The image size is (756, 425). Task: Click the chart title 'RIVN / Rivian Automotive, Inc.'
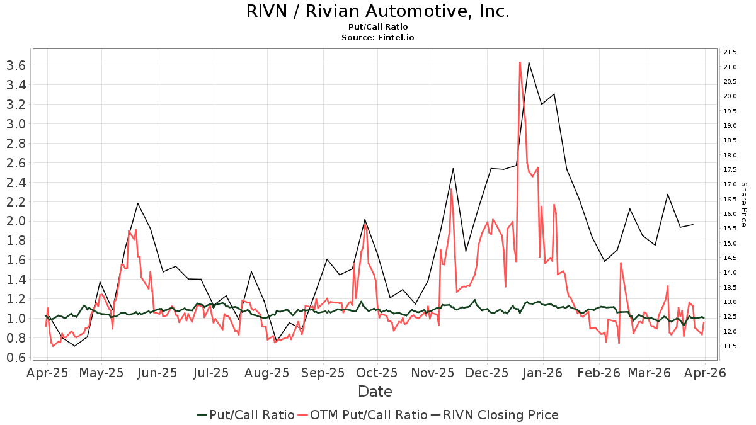377,11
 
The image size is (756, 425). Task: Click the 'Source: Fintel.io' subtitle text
377,38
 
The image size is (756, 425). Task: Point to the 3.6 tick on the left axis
14,65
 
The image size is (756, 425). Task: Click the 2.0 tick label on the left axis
14,221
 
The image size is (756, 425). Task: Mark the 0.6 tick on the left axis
14,357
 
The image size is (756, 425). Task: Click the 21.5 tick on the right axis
731,52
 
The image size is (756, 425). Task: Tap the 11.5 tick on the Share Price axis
731,346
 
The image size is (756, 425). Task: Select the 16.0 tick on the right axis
731,214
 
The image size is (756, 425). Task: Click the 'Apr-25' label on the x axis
47,373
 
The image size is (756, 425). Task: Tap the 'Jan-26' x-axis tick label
544,373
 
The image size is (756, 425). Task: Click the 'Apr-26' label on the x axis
708,373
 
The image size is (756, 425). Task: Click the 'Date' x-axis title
375,392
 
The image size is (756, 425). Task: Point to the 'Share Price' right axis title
743,205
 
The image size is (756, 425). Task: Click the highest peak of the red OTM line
520,62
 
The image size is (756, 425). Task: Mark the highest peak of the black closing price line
529,62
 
